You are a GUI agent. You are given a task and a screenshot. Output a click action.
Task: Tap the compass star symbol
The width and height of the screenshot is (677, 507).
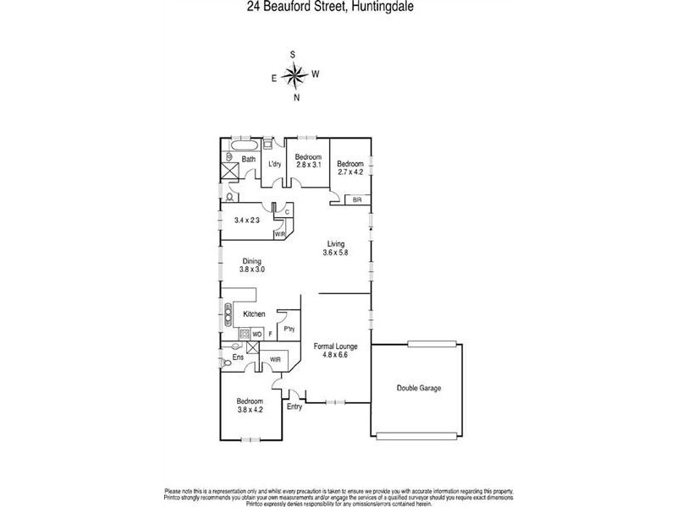pos(294,76)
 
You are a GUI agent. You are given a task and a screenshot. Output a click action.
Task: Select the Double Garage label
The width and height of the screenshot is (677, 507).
pos(419,388)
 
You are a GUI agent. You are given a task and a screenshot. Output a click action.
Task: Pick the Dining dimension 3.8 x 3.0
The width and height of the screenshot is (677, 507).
pos(252,270)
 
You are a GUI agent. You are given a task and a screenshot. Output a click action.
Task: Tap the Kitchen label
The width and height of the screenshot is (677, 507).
pos(255,314)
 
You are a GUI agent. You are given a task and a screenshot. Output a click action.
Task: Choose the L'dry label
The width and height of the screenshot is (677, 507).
pos(274,164)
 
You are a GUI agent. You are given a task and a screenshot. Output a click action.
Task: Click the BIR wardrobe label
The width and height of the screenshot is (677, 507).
pos(356,199)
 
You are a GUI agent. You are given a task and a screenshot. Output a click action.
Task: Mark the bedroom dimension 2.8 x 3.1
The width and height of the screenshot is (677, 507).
pos(308,166)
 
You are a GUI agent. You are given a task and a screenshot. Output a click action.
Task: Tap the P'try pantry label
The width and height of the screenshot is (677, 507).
pos(289,330)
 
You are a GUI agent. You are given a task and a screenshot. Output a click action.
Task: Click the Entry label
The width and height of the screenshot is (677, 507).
pos(294,407)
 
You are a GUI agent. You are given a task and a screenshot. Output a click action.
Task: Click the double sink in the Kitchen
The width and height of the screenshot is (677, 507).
pos(228,315)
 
